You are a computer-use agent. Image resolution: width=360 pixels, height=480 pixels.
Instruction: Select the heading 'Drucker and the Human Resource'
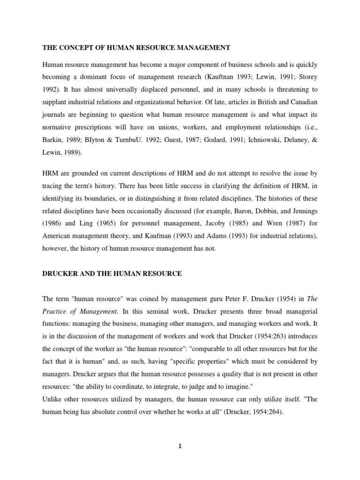(x=112, y=274)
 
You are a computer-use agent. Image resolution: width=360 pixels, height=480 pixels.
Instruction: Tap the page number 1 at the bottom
(x=180, y=446)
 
